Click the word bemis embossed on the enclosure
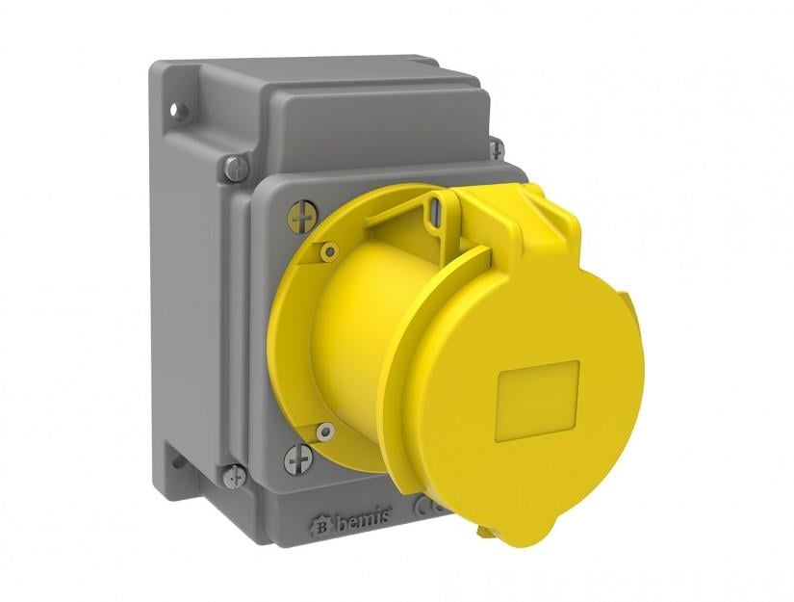(363, 517)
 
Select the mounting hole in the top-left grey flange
(175, 109)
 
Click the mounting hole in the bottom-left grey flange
(177, 462)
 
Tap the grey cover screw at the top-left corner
(237, 169)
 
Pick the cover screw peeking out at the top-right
(497, 149)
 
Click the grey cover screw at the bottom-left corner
(235, 477)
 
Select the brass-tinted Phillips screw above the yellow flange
(302, 217)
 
